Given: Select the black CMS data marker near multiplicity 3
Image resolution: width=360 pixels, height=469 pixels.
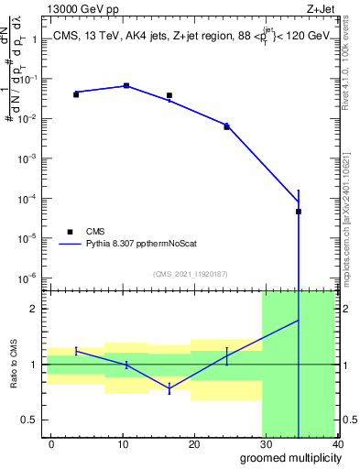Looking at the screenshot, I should [x=76, y=94].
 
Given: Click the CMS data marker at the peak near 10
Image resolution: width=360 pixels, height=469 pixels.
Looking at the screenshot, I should [x=126, y=86].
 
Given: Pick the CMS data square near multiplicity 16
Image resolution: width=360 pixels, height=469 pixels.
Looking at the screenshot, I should [x=169, y=95].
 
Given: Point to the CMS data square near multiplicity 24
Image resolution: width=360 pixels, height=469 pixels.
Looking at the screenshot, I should [x=226, y=126].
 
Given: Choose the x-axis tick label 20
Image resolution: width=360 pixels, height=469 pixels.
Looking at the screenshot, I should [x=194, y=444].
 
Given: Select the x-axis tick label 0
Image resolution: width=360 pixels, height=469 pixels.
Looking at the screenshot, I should [x=51, y=444].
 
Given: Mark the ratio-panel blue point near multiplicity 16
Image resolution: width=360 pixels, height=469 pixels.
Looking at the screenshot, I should [x=169, y=389].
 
